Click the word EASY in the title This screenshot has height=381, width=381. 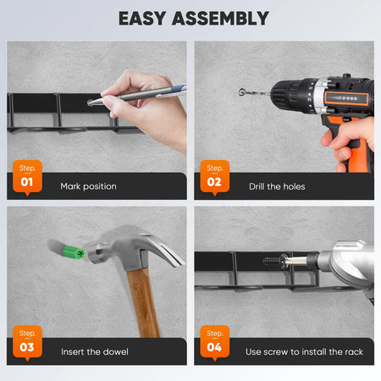142,19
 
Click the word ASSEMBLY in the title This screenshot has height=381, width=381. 220,19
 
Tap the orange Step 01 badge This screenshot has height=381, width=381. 27,177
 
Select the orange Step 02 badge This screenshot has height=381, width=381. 215,177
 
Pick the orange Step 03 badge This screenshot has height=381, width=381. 27,343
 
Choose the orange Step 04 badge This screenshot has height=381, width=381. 215,343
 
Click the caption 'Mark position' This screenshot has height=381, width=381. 88,186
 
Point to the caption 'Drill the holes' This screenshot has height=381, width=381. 277,186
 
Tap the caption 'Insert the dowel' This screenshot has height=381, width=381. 95,351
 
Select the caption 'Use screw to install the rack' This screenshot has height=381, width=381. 304,351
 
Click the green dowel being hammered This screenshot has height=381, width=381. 74,251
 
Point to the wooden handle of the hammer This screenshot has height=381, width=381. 143,302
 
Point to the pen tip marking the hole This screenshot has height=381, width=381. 91,103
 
